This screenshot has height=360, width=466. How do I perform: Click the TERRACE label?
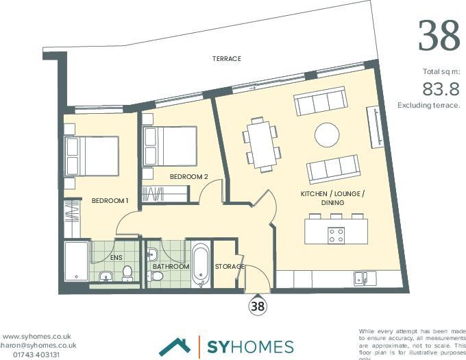click(226, 59)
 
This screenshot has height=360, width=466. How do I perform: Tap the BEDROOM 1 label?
click(110, 201)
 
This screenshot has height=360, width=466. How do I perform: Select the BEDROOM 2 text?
click(188, 177)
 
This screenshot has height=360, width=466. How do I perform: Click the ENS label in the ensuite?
click(116, 258)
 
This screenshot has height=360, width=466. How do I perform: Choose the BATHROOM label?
click(171, 266)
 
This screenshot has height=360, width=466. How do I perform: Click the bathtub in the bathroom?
click(201, 264)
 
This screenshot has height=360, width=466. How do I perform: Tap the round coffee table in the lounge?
click(326, 134)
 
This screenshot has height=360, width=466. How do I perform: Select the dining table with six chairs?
click(262, 143)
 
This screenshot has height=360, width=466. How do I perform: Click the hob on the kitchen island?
click(336, 235)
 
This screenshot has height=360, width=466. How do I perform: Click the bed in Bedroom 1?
click(92, 156)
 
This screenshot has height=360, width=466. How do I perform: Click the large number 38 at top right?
click(439, 36)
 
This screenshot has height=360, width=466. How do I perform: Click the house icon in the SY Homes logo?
click(174, 347)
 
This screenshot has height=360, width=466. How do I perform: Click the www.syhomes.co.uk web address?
click(37, 337)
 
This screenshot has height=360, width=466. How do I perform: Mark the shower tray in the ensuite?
click(76, 261)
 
